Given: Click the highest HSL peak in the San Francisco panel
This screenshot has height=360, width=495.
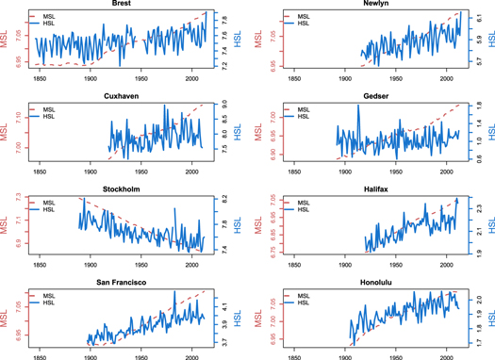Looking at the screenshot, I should click(174, 292).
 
